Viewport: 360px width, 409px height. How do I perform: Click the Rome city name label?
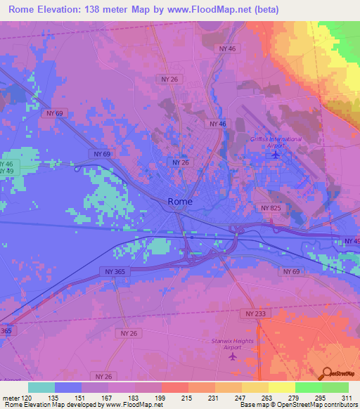click(x=180, y=202)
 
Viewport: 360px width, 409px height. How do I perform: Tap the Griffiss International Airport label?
click(x=276, y=142)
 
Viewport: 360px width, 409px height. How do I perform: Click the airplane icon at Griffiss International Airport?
click(x=276, y=154)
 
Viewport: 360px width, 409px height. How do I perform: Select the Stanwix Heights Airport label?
click(x=233, y=344)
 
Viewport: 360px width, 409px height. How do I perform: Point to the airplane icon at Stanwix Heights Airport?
click(x=233, y=356)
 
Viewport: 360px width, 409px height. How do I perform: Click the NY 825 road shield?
click(x=270, y=208)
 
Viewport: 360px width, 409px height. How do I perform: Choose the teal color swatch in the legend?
click(x=41, y=387)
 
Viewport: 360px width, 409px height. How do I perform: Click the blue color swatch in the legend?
click(x=68, y=387)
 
